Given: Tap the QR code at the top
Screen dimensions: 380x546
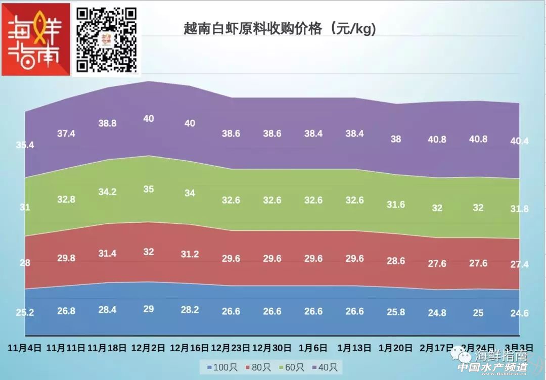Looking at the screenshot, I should pyautogui.click(x=107, y=39).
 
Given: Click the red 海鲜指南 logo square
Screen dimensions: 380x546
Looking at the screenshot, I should pyautogui.click(x=36, y=39).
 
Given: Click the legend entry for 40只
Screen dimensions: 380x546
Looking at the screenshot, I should pyautogui.click(x=327, y=367).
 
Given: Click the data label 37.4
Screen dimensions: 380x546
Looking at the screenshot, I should pyautogui.click(x=66, y=133).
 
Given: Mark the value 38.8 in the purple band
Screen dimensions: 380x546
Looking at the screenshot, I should pyautogui.click(x=107, y=123).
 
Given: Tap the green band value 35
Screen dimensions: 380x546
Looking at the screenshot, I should pyautogui.click(x=149, y=189).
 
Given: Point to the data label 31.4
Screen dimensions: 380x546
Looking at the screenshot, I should pyautogui.click(x=107, y=253).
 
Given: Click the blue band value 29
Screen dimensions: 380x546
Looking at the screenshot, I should pyautogui.click(x=149, y=309).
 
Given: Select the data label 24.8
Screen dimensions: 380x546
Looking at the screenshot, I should pyautogui.click(x=437, y=313).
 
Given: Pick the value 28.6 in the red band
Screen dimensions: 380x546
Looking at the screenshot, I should pyautogui.click(x=396, y=261).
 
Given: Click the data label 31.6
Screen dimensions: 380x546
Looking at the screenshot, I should pyautogui.click(x=396, y=205).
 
